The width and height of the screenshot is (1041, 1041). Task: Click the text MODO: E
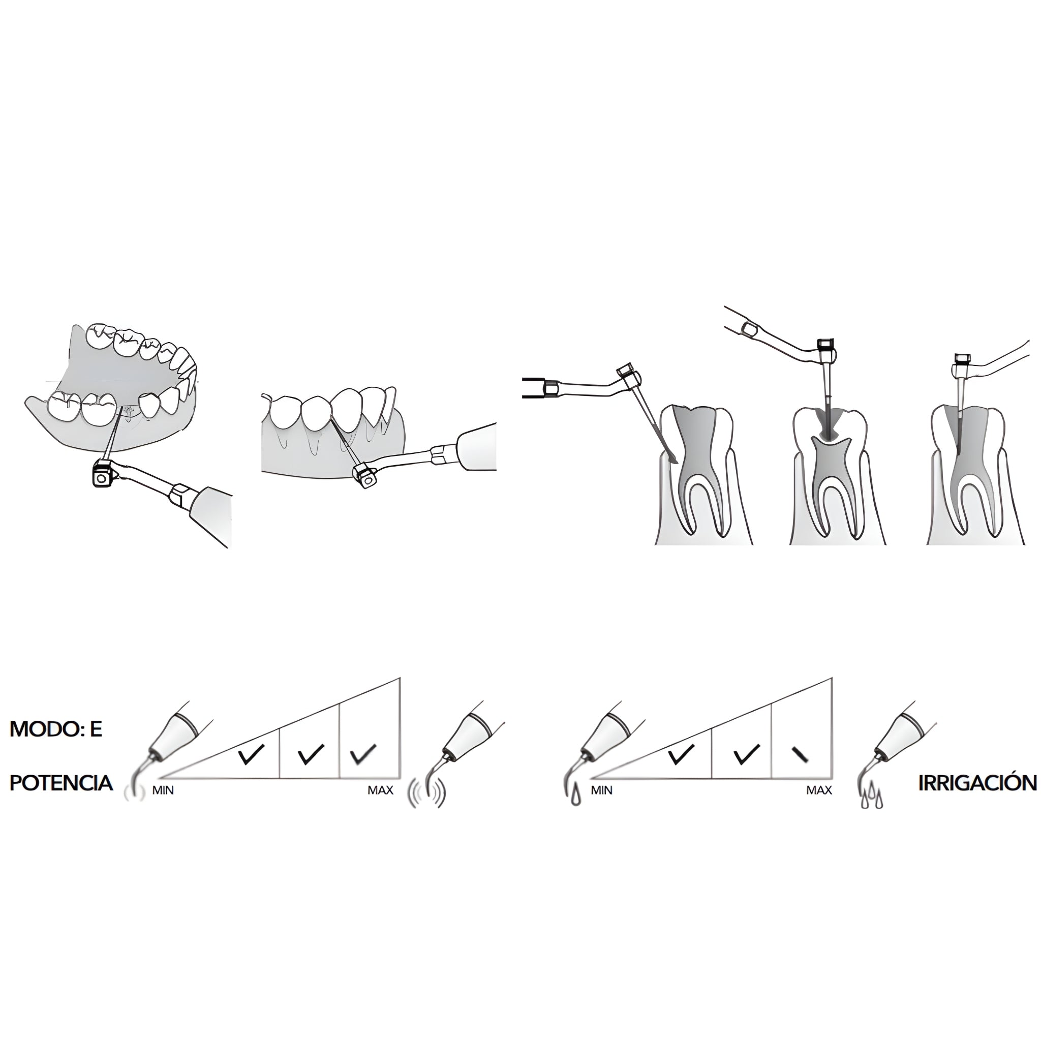tap(56, 729)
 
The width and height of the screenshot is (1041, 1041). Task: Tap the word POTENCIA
tap(62, 783)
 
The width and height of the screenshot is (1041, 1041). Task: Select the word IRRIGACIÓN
tap(977, 783)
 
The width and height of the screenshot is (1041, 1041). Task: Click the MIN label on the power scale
tap(163, 790)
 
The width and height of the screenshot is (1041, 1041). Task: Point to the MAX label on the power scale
tap(380, 790)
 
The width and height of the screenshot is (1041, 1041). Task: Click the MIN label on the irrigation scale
tap(602, 790)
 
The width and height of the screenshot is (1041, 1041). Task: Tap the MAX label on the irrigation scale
tap(819, 790)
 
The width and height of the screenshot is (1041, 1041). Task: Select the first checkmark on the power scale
tap(251, 754)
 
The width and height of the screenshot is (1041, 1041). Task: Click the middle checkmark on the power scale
tap(311, 754)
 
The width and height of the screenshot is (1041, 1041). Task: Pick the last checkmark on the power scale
tap(362, 754)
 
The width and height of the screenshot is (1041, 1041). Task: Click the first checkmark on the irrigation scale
tap(681, 754)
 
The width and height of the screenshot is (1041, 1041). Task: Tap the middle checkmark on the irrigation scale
tap(747, 754)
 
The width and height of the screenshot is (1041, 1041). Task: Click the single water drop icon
tap(576, 797)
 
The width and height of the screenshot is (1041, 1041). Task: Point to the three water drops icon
tap(872, 798)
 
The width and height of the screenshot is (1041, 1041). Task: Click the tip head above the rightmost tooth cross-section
tap(962, 359)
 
